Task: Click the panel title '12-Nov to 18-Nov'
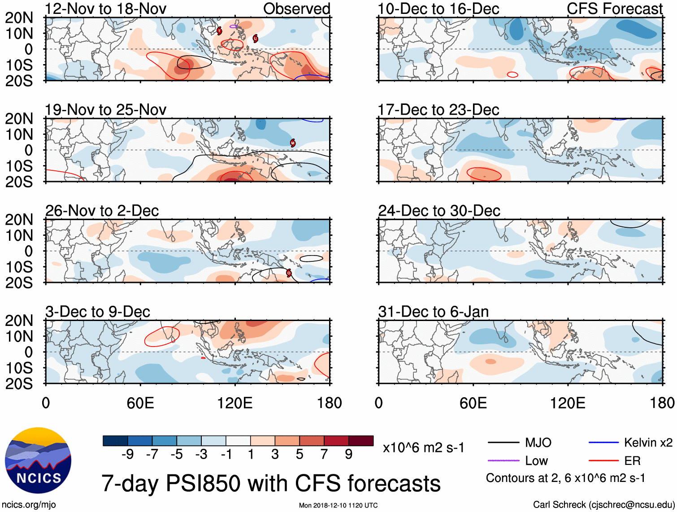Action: (x=106, y=9)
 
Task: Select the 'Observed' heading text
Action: (x=296, y=9)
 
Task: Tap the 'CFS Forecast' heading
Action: (x=615, y=9)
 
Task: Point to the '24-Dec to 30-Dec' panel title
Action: (x=439, y=211)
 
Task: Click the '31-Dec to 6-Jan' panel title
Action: (x=433, y=312)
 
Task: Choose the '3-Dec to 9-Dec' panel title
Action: (x=98, y=312)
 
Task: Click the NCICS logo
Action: (x=38, y=460)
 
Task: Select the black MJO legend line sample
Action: (x=503, y=443)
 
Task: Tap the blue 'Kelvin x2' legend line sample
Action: (x=603, y=443)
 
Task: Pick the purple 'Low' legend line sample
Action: (x=503, y=460)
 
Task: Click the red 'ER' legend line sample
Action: (x=603, y=460)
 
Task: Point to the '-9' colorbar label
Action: (x=127, y=454)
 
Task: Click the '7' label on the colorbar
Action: (x=324, y=454)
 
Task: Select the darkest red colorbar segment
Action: (x=361, y=441)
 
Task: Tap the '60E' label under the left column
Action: (x=140, y=403)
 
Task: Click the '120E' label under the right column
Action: (x=568, y=403)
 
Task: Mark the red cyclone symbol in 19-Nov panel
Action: (x=293, y=143)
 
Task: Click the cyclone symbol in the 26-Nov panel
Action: (x=289, y=273)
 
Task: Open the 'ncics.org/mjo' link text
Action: (x=29, y=504)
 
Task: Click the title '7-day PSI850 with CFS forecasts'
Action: (x=271, y=483)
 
